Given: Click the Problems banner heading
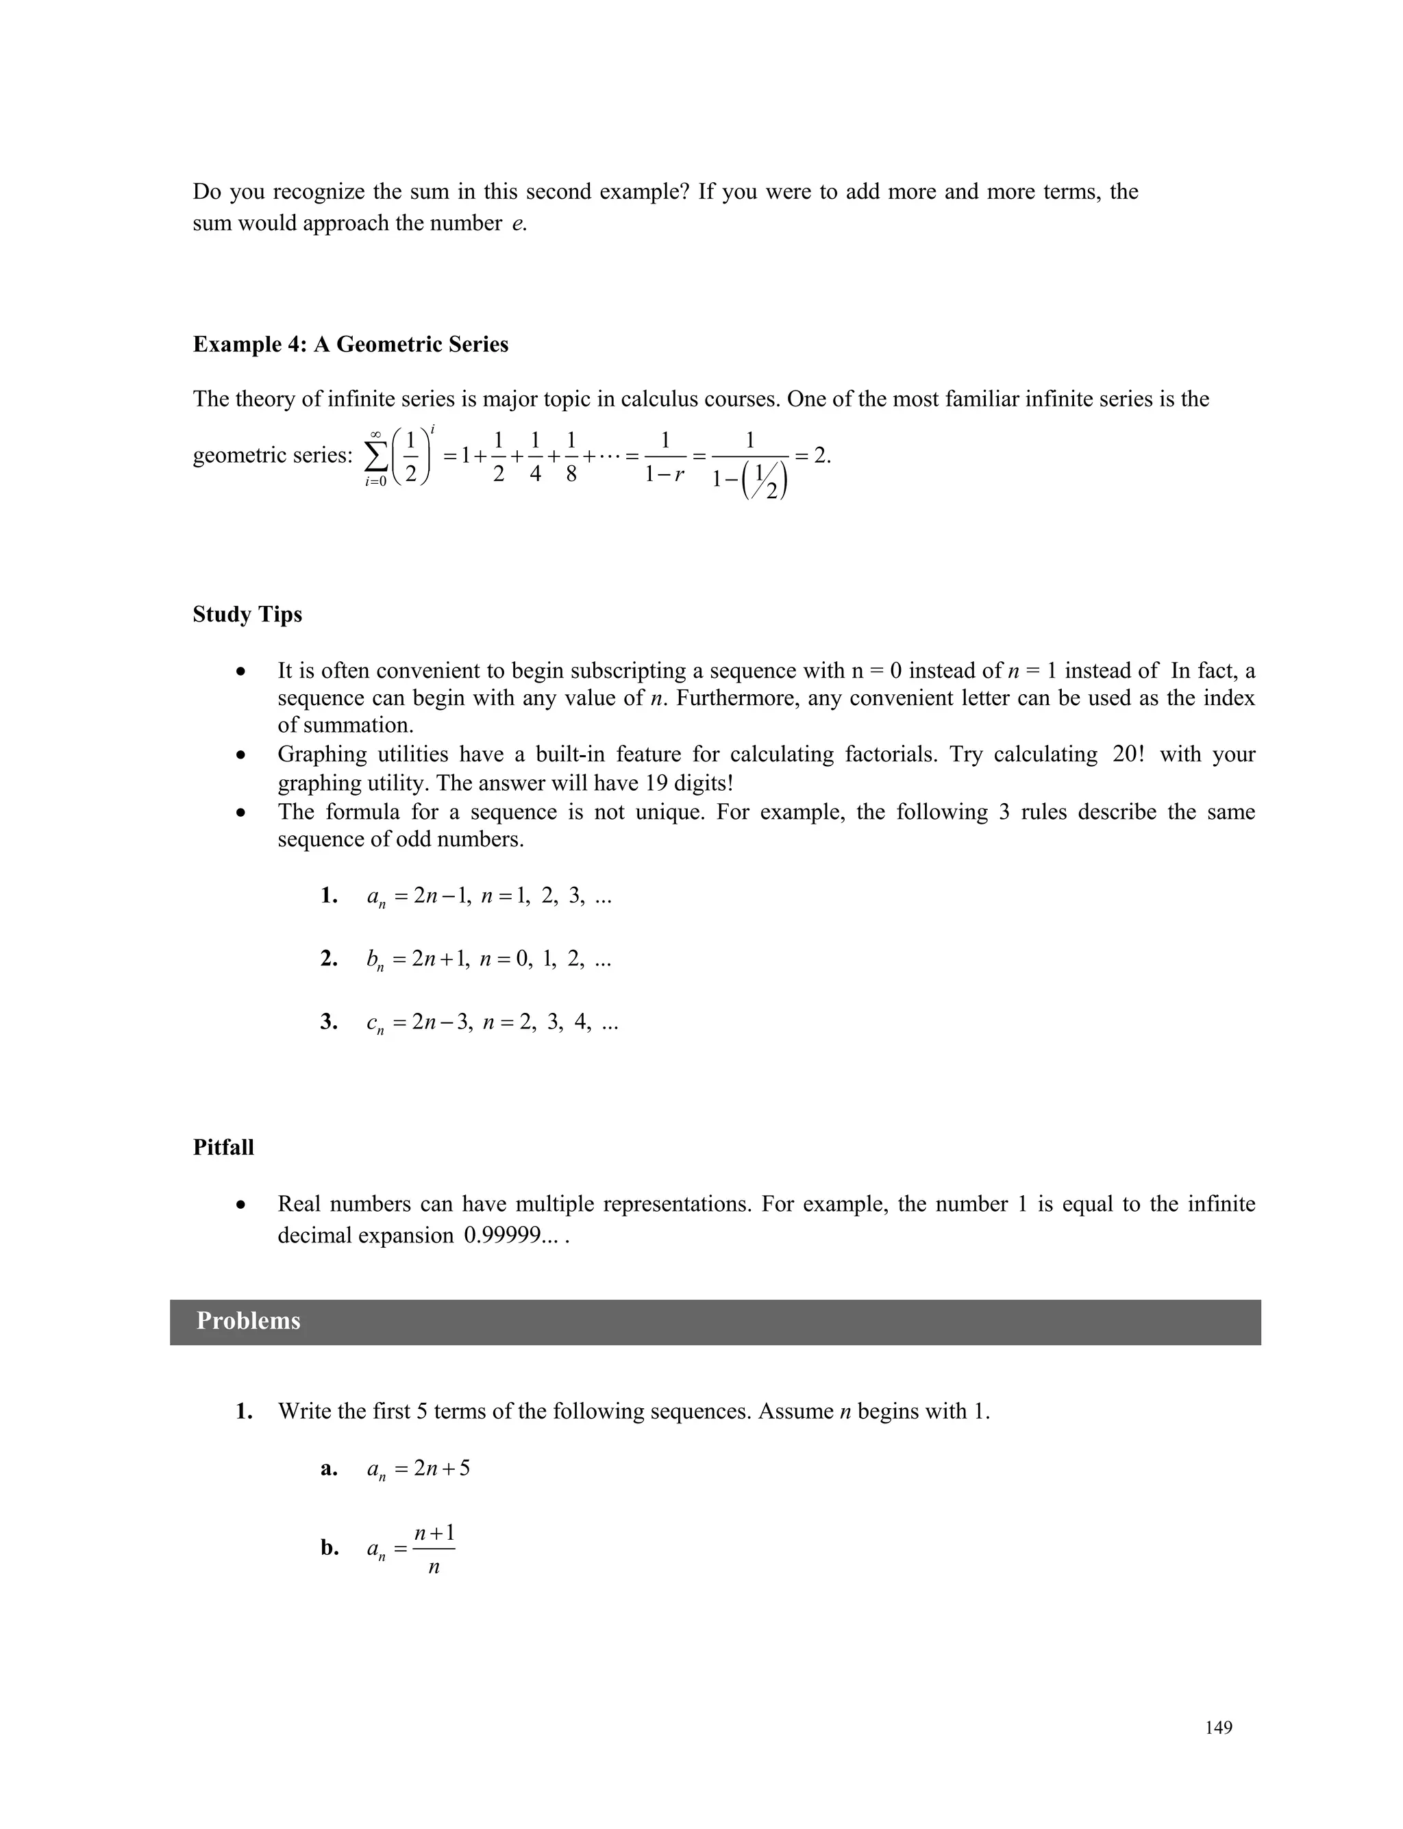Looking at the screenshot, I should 248,1321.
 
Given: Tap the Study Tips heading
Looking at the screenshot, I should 247,614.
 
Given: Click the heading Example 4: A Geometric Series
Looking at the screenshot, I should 350,344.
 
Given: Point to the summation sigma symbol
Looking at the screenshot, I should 376,457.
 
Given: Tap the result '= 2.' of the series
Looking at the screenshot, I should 812,455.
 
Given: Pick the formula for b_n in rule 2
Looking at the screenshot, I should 488,959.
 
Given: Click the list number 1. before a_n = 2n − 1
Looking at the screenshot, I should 329,896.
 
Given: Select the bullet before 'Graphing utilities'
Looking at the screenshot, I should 240,755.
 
